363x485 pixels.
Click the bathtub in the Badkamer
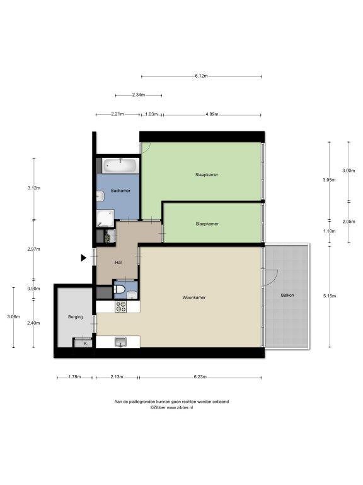point(120,166)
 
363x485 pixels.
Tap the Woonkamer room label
point(194,297)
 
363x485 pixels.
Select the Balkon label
point(287,296)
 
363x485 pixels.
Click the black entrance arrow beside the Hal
point(84,258)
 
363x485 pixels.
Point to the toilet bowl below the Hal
point(120,289)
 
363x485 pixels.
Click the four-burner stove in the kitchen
point(121,306)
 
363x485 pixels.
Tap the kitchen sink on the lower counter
point(120,342)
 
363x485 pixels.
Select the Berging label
point(76,317)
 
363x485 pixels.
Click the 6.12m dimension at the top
point(201,76)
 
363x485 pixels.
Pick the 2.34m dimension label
point(139,95)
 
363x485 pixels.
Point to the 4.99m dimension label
point(212,114)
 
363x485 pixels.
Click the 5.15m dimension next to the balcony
point(330,296)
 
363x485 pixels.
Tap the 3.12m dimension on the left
point(34,188)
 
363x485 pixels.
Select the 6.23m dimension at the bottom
point(200,377)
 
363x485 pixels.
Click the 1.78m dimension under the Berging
point(74,377)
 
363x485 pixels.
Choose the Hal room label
point(118,263)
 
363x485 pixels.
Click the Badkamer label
point(120,191)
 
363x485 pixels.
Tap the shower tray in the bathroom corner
point(105,219)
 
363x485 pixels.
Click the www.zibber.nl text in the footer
point(180,408)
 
